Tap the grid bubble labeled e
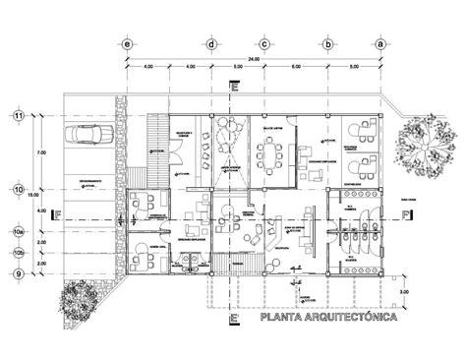coord(126,44)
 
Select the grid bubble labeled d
coord(210,44)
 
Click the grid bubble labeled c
coord(264,44)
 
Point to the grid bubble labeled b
coord(325,44)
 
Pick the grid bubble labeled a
coord(379,44)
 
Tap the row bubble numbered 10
coord(18,189)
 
